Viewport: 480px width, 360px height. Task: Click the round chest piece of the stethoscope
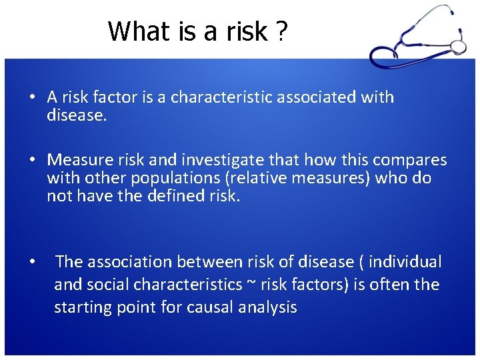458,46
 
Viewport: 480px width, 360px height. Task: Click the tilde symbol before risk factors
251,285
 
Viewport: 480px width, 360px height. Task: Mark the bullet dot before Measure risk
31,160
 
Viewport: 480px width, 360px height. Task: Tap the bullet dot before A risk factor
31,97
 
